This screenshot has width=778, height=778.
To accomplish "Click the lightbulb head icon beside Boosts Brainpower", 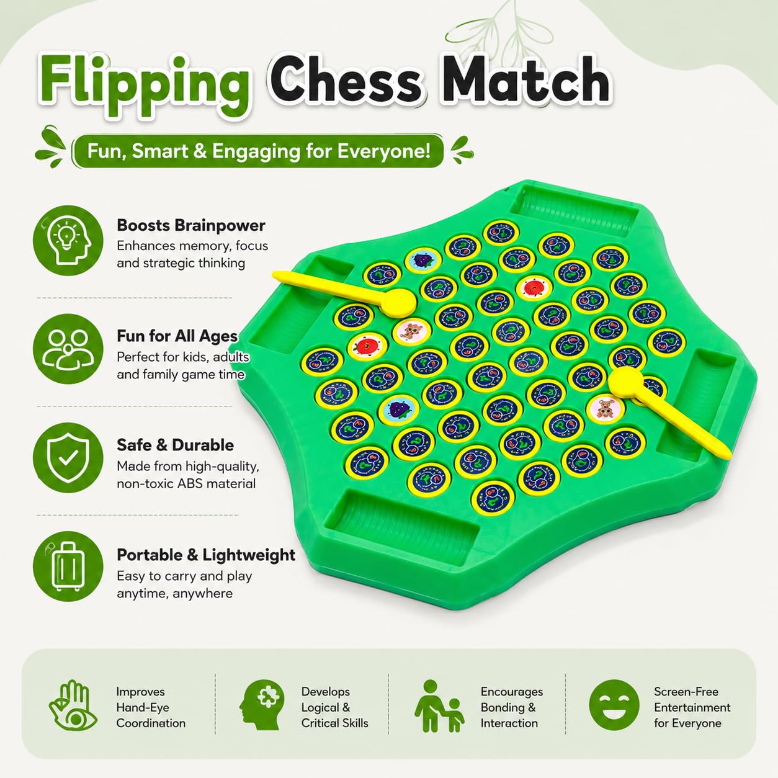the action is [x=68, y=240].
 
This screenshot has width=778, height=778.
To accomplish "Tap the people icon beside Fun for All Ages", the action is [x=68, y=349].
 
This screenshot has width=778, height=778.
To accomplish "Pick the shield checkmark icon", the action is [x=68, y=457].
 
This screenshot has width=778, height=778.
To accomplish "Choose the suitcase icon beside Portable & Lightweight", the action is [x=68, y=566].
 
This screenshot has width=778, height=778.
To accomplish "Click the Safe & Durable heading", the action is [x=175, y=445].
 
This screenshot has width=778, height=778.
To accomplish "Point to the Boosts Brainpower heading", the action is [x=191, y=225].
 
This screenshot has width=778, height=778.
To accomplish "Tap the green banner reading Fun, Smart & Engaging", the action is [x=258, y=151].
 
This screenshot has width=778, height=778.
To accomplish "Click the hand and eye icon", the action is [x=73, y=707].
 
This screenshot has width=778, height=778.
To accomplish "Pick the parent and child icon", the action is [x=439, y=706].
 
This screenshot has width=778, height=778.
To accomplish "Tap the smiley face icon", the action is [x=614, y=705].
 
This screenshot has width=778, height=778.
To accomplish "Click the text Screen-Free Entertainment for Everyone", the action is [x=692, y=707].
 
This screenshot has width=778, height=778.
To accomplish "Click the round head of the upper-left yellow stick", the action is [x=398, y=302].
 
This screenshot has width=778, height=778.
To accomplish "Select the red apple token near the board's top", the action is [x=534, y=288].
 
